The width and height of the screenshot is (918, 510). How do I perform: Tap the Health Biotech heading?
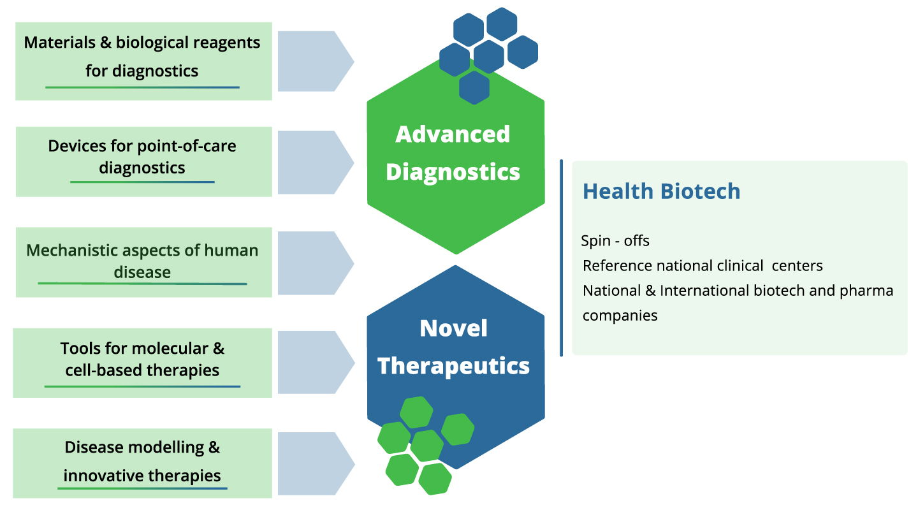point(662,191)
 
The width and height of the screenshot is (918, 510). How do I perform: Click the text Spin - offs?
point(615,241)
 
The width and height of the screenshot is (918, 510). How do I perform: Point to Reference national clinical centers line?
point(703,266)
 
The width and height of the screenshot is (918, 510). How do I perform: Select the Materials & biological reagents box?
point(143,61)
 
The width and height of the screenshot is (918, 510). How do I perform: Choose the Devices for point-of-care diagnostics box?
point(143,161)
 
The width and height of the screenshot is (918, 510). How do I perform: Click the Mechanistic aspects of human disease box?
point(143,261)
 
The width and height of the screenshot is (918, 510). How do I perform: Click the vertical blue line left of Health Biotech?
point(561,258)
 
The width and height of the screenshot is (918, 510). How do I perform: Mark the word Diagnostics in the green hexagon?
point(453,171)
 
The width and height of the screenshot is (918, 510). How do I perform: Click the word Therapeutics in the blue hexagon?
point(454,366)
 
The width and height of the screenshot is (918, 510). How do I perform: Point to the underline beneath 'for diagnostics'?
point(142,87)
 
